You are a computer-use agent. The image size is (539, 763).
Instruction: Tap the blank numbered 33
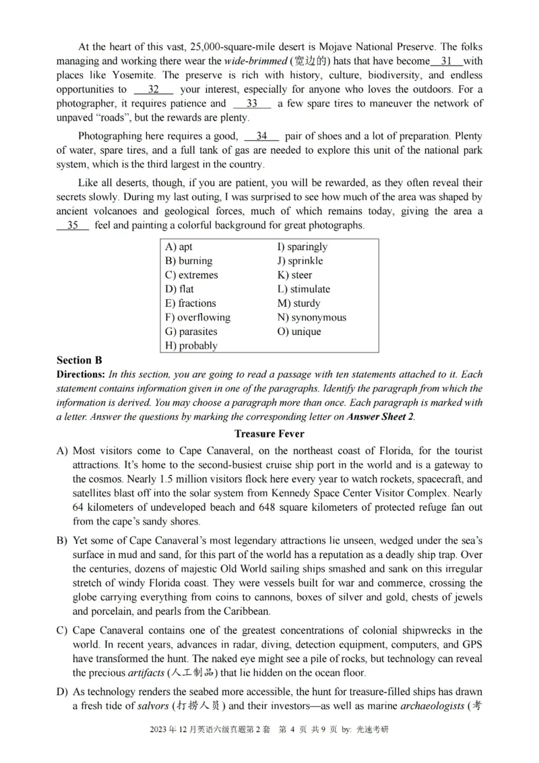pos(252,103)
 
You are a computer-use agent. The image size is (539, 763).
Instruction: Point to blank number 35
pos(73,225)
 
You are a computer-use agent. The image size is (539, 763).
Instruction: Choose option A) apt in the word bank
pos(179,247)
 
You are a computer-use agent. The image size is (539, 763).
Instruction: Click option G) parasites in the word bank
pos(191,332)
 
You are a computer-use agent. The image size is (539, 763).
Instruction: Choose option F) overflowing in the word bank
pos(197,317)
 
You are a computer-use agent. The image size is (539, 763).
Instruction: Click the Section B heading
pos(79,361)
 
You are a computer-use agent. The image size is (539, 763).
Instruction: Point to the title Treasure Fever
pos(269,433)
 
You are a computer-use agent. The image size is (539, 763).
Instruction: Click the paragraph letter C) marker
pos(62,630)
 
